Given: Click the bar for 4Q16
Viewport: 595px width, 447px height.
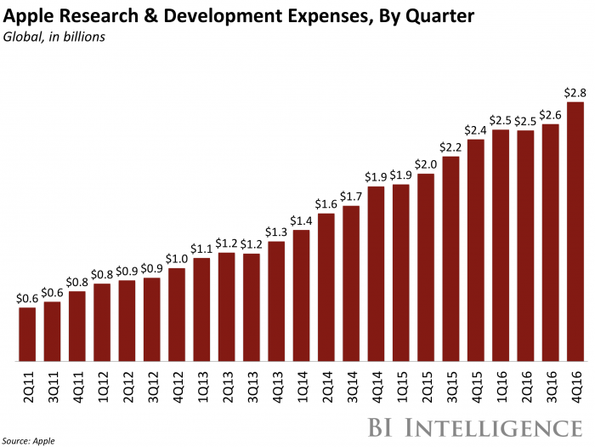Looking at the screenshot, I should point(575,232).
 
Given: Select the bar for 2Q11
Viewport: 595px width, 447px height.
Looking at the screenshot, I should point(27,334).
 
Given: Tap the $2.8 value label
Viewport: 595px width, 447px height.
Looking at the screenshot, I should point(575,92).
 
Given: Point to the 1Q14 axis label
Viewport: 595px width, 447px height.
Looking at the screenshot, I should point(301,382).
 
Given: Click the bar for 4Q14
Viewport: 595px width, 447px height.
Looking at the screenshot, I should point(376,273).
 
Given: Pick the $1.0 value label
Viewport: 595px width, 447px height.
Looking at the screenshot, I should point(177,259).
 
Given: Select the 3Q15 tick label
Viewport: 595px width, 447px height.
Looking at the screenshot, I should point(450,382).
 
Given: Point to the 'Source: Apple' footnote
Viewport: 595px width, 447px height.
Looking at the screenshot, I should point(31,440).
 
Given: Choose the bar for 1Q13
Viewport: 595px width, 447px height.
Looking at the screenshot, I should point(201,309).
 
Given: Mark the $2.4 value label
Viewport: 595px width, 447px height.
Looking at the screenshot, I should point(475,129).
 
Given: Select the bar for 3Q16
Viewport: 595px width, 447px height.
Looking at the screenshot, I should point(550,243).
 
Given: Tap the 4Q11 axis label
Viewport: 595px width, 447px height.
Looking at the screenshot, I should point(77,382).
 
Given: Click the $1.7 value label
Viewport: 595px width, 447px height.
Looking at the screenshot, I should point(351,196).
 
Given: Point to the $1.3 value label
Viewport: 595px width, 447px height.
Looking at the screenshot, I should point(276,232).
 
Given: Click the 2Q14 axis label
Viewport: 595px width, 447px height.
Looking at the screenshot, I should point(326,382).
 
